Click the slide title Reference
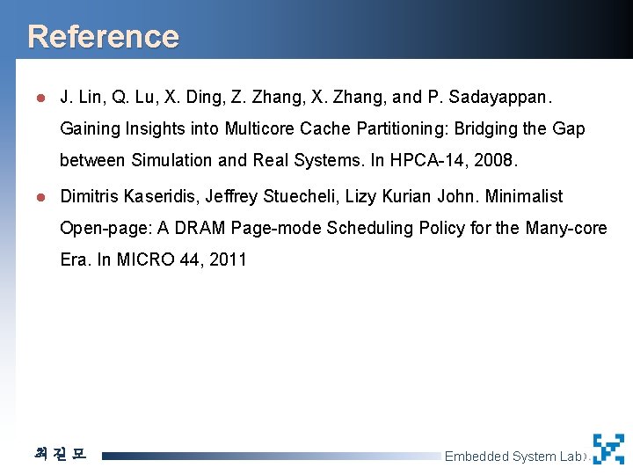coord(103,37)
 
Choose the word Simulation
coord(171,160)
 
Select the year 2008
coord(497,160)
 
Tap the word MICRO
coord(139,259)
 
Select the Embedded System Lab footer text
coord(513,456)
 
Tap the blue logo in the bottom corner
coord(608,449)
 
